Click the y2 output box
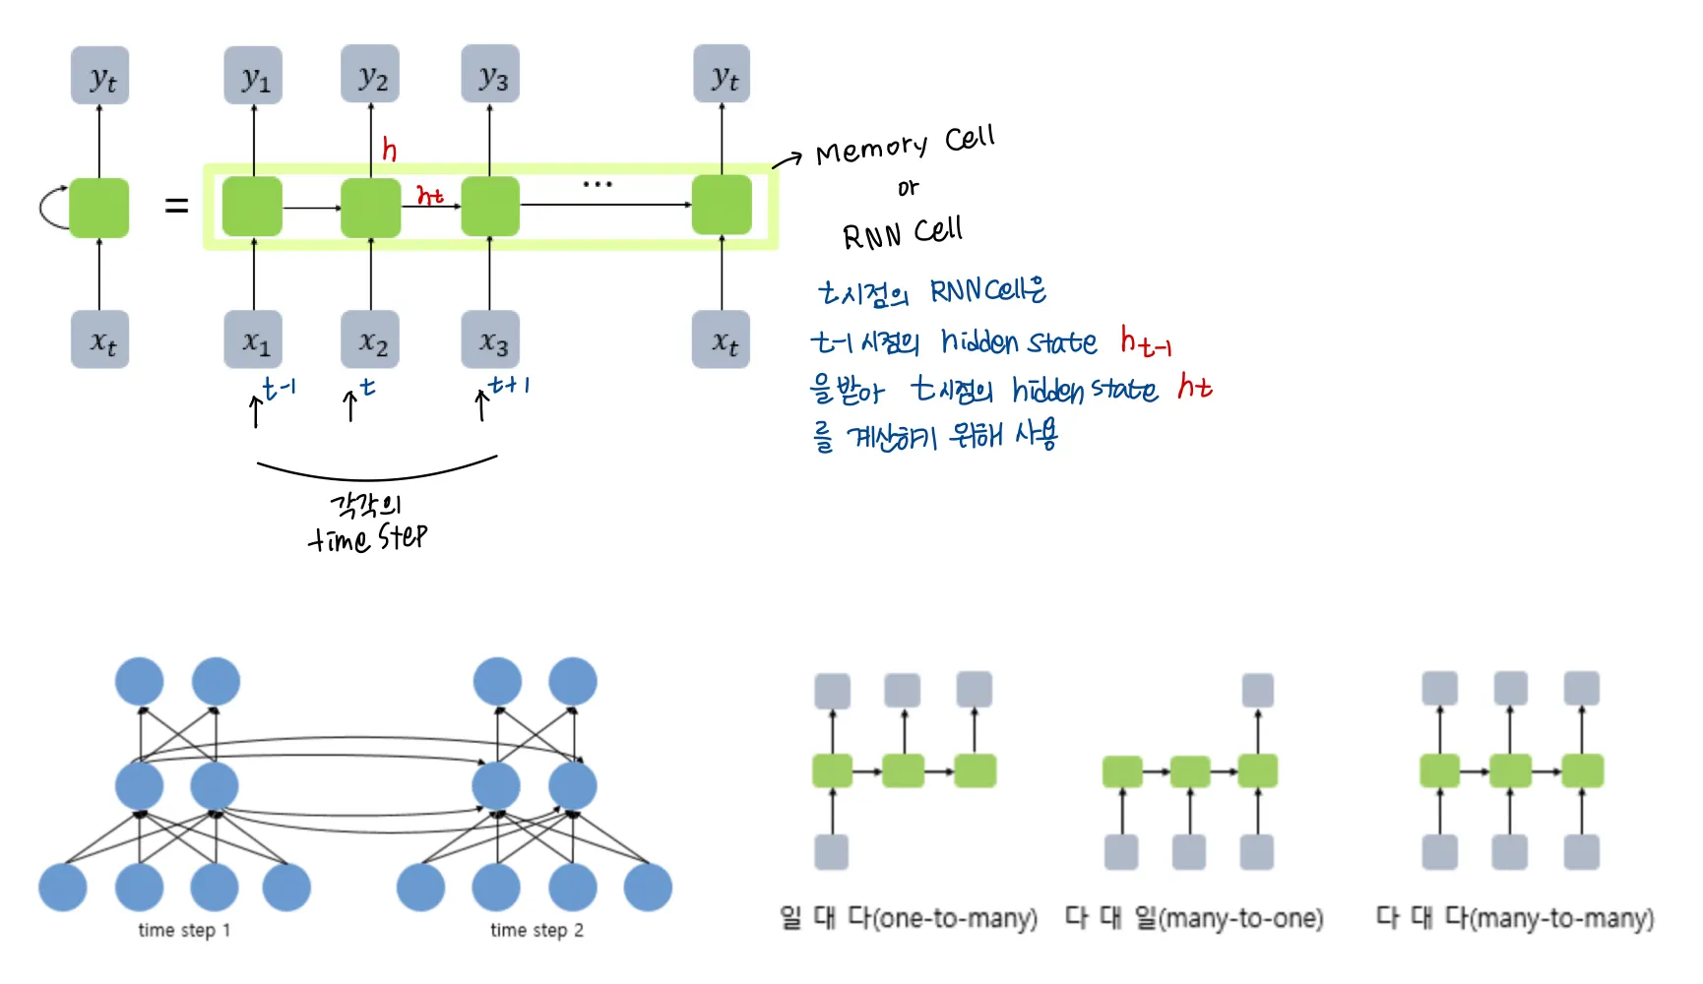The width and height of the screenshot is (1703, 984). [370, 75]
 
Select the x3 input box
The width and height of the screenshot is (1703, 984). [491, 340]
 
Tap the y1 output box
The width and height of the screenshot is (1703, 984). [253, 75]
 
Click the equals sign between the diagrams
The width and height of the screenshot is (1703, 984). [176, 206]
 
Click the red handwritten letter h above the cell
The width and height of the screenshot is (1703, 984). [390, 150]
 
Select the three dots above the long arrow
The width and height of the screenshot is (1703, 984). [598, 184]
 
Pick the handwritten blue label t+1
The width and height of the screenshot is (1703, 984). [509, 385]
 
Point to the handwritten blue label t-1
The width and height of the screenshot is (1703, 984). [279, 388]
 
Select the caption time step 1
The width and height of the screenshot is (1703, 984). [184, 930]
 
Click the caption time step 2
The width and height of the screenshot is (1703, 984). [536, 930]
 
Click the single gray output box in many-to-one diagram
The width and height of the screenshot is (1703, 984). [1257, 690]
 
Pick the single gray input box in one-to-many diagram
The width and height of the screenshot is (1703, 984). [832, 851]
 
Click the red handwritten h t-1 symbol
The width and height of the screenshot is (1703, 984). [1145, 341]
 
